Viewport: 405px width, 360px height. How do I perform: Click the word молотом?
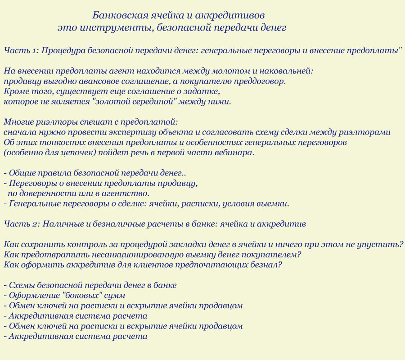(218, 71)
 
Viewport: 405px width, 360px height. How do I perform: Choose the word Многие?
(18, 122)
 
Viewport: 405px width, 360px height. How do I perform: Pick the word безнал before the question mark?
(265, 265)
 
